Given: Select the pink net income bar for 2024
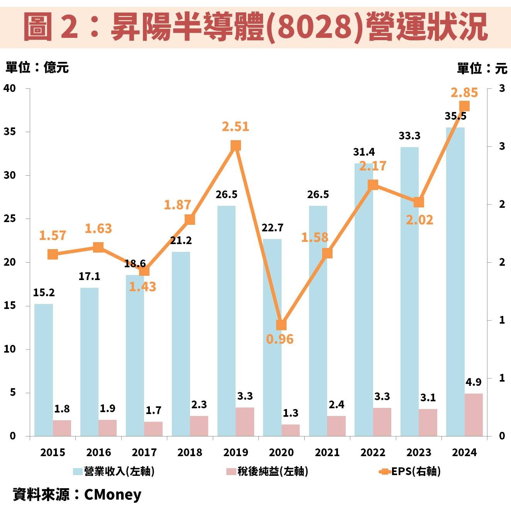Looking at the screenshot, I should pyautogui.click(x=474, y=415).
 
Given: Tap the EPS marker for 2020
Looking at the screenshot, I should pyautogui.click(x=282, y=325).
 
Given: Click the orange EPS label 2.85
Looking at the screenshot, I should pyautogui.click(x=464, y=93).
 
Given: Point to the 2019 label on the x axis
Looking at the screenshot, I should pyautogui.click(x=236, y=452).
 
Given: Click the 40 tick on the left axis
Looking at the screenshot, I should pyautogui.click(x=10, y=88).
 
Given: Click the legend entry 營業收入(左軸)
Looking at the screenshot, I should pyautogui.click(x=114, y=471).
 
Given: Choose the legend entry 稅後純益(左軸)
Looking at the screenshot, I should pyautogui.click(x=267, y=471).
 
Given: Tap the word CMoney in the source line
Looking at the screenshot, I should pyautogui.click(x=113, y=494).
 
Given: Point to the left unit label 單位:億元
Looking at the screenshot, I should pyautogui.click(x=37, y=68).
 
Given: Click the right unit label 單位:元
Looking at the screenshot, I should pyautogui.click(x=482, y=68).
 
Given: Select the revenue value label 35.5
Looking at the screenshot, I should pyautogui.click(x=455, y=116).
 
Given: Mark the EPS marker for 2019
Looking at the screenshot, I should pyautogui.click(x=236, y=146).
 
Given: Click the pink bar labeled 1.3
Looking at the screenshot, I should pyautogui.click(x=290, y=430).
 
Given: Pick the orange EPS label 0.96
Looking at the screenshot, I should pyautogui.click(x=280, y=339).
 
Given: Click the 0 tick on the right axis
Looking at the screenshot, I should pyautogui.click(x=502, y=436).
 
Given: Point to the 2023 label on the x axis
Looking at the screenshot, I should pyautogui.click(x=419, y=452).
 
